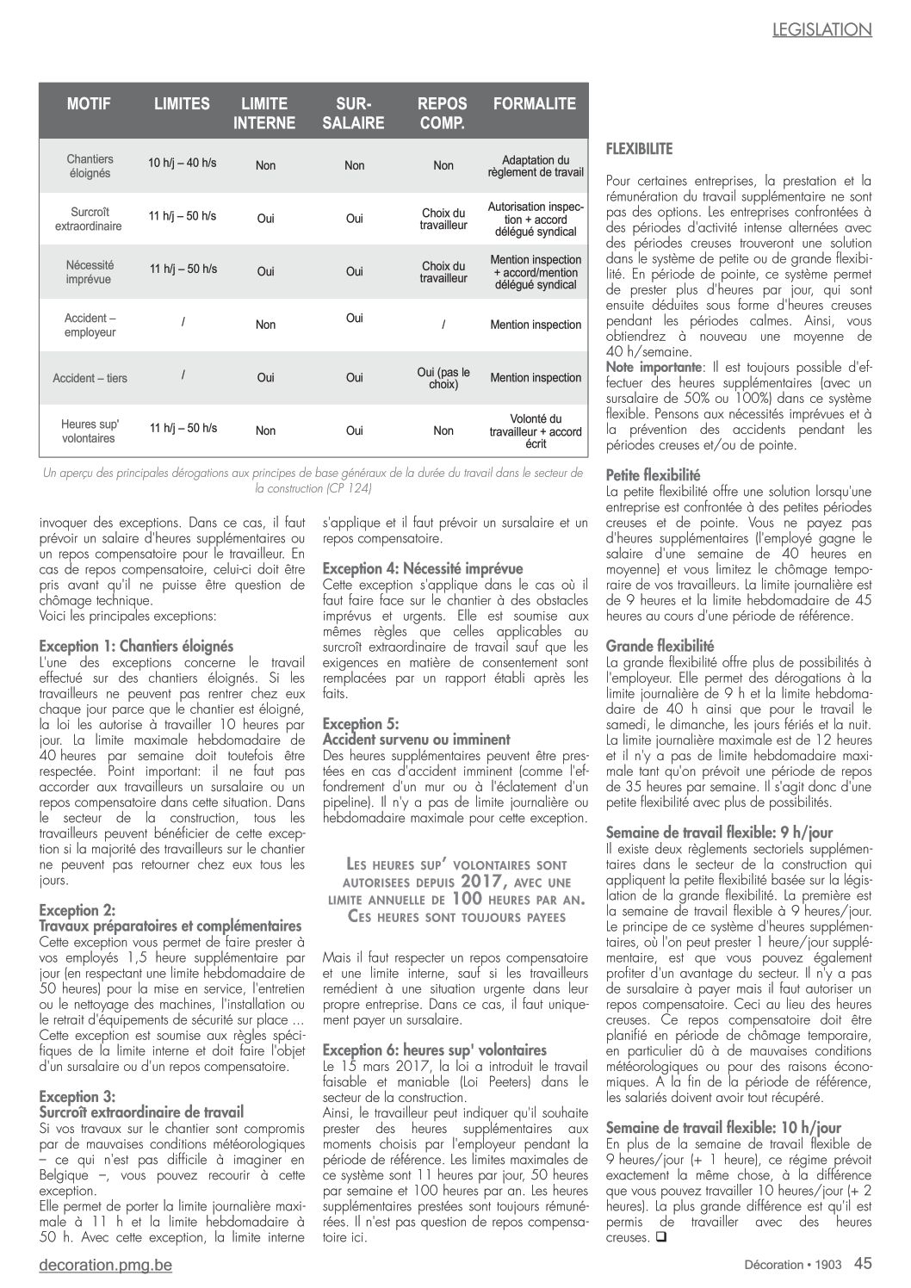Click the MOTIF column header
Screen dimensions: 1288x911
click(x=90, y=104)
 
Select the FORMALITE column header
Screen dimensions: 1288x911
click(x=534, y=104)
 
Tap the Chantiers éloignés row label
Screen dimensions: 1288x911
click(x=90, y=166)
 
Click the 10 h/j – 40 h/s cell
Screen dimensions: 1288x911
click(x=182, y=162)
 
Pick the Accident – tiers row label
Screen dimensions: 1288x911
click(x=90, y=378)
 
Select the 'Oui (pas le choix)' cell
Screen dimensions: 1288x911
click(x=443, y=379)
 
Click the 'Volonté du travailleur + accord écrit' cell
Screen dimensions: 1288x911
click(x=535, y=431)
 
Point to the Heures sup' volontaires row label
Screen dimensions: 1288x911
click(x=90, y=431)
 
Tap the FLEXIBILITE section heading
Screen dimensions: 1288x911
click(x=640, y=148)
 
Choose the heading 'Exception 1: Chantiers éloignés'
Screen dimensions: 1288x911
click(x=136, y=646)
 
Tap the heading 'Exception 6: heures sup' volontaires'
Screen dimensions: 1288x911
click(x=434, y=1050)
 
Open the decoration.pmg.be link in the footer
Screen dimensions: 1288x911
click(x=106, y=1265)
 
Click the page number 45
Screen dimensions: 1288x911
click(x=863, y=1263)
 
